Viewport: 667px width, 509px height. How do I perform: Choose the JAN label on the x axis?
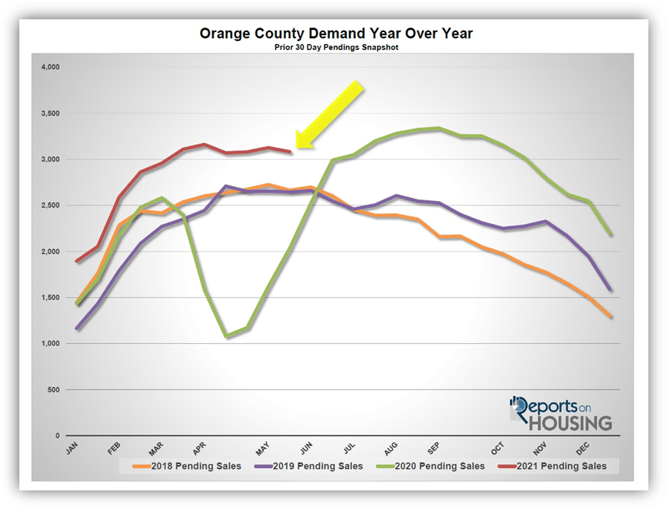(x=71, y=449)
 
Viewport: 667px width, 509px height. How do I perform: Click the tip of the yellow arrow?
(x=296, y=147)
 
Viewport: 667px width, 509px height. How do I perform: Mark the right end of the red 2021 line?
(x=290, y=152)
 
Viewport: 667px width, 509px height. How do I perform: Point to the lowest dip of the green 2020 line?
(x=227, y=337)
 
